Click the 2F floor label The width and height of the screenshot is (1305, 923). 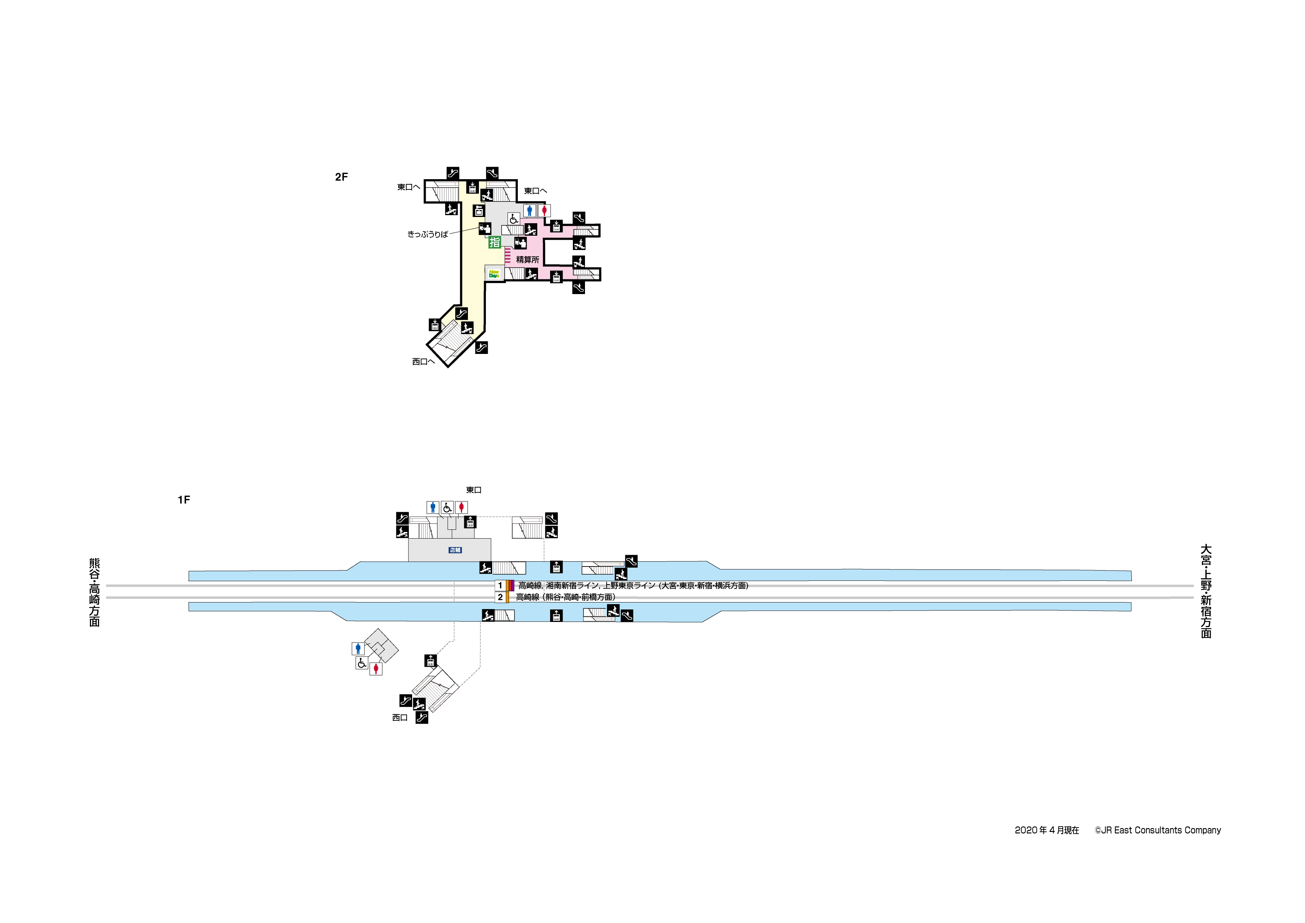coord(341,177)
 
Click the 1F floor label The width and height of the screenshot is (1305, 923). coord(183,500)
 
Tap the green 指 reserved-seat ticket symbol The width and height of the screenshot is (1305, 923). coord(494,242)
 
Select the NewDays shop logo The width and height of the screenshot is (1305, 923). coord(494,274)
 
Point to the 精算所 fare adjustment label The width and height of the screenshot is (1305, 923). coord(527,259)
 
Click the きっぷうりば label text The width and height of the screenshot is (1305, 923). coord(428,234)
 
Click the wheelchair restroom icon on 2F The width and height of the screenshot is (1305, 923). coord(513,219)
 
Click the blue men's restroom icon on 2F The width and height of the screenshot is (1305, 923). coord(530,210)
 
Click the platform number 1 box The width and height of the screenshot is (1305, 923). coord(500,585)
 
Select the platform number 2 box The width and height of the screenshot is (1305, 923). coord(500,597)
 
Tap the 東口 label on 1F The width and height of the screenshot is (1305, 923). coord(473,490)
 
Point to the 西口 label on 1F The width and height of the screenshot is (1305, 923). coord(400,718)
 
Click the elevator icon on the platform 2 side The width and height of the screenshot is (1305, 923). coord(556,615)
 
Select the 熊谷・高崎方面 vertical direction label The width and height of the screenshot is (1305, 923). coord(94,592)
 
